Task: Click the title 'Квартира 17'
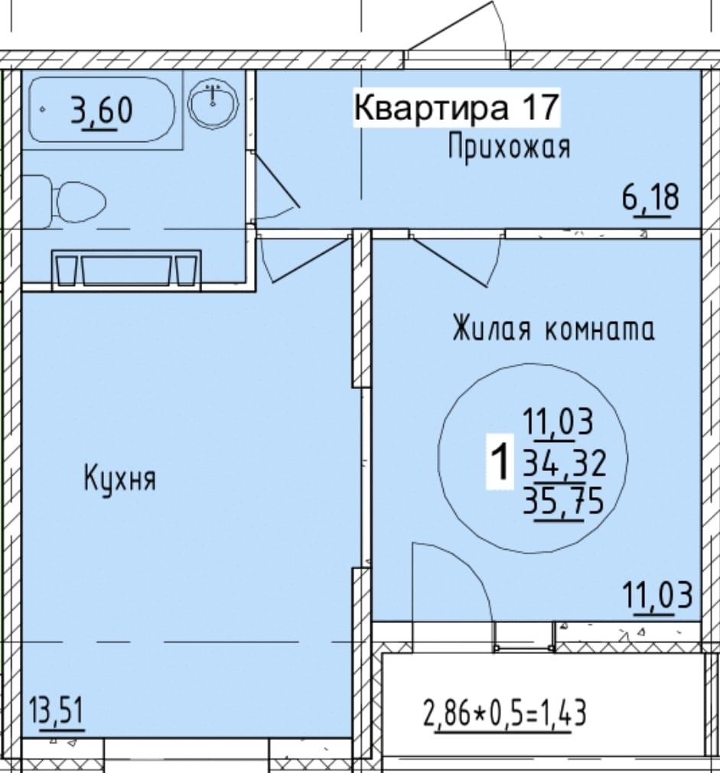(x=457, y=108)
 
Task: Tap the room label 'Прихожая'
(x=509, y=148)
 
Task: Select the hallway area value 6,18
(x=650, y=197)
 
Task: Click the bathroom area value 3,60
(x=102, y=110)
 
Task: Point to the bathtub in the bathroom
(x=102, y=109)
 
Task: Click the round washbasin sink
(x=213, y=105)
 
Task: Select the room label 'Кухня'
(x=120, y=479)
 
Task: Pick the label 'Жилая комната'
(x=554, y=329)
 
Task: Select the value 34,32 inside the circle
(x=564, y=464)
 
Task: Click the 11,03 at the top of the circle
(x=558, y=423)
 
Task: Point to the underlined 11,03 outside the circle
(x=658, y=597)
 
